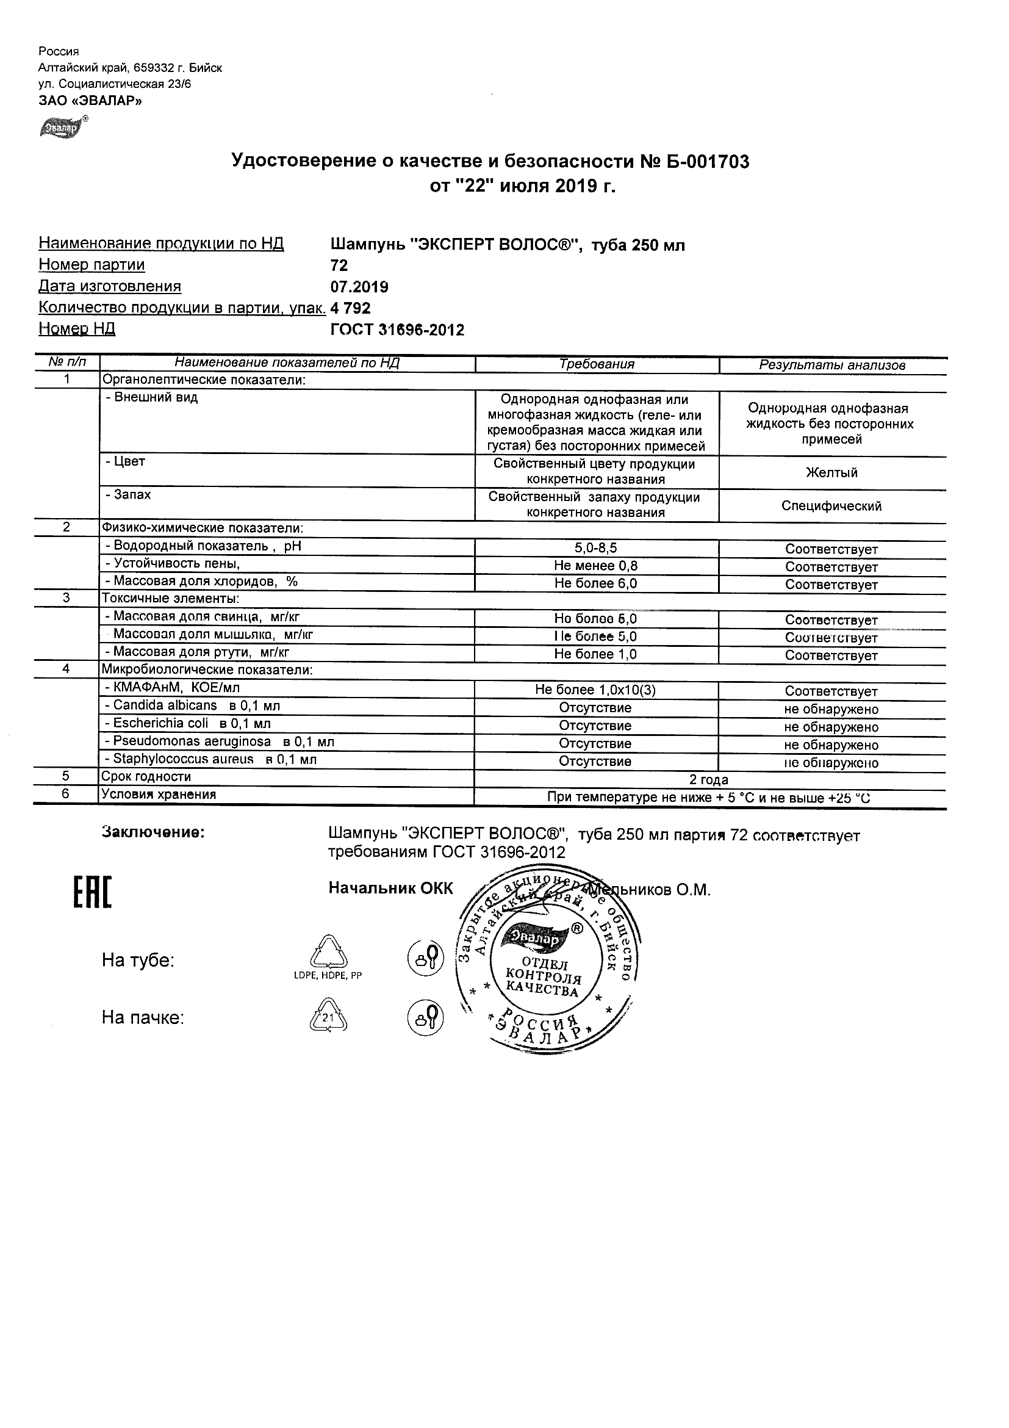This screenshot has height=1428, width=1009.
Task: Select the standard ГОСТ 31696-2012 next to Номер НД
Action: (x=397, y=330)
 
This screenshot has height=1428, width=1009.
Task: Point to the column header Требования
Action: (x=597, y=364)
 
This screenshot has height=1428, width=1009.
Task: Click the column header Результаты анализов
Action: (x=832, y=366)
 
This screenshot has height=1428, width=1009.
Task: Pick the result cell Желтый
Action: (x=832, y=473)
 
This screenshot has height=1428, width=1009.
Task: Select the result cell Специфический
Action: (x=832, y=506)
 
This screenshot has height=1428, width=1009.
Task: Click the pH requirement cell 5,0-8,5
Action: (x=595, y=548)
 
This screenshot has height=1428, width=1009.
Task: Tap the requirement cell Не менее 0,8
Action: (x=595, y=565)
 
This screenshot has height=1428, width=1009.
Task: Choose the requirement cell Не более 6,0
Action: (x=595, y=583)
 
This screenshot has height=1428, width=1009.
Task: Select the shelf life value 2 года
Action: (x=709, y=780)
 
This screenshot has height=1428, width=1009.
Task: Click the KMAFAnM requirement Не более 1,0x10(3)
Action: (x=595, y=690)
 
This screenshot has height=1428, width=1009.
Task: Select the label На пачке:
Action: (x=143, y=1018)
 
